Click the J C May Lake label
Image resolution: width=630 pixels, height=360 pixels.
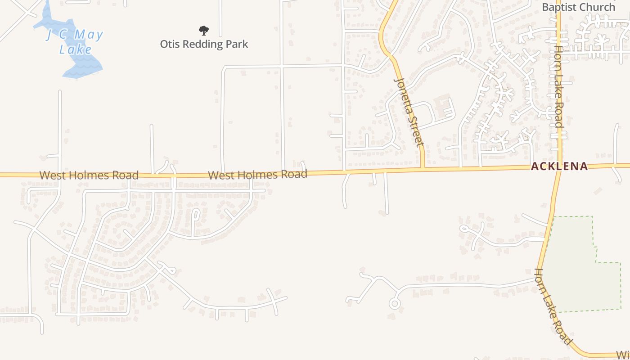[x=75, y=41]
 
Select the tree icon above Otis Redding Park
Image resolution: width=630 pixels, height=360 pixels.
[x=204, y=31]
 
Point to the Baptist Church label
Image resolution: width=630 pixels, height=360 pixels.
[x=578, y=7]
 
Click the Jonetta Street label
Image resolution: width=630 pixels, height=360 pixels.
[x=409, y=112]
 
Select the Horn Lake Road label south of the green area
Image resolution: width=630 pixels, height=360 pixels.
[x=553, y=306]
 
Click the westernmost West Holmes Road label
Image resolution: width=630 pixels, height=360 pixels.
[x=89, y=175]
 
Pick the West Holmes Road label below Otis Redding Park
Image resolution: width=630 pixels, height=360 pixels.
[x=257, y=175]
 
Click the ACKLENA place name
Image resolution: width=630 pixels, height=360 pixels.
[x=559, y=166]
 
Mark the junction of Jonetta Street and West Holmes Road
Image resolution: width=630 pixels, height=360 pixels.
[x=423, y=169]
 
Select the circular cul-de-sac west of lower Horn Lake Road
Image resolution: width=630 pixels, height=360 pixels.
[x=395, y=304]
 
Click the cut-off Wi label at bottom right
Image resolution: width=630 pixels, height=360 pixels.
[x=623, y=354]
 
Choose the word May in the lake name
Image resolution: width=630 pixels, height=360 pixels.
[x=89, y=35]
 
